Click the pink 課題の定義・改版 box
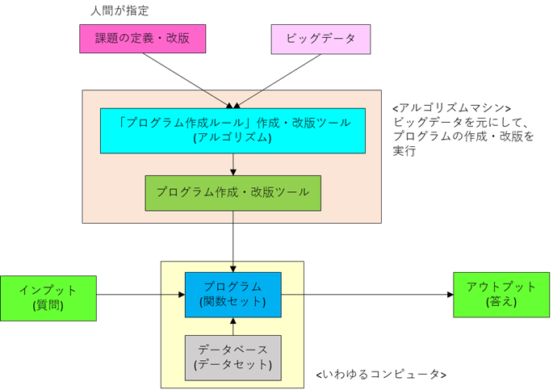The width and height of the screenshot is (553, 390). [x=143, y=39]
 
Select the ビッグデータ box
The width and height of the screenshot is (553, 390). [x=320, y=39]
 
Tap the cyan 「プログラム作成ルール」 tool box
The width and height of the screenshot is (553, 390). [x=233, y=130]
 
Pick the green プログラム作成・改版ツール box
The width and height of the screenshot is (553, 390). [x=233, y=193]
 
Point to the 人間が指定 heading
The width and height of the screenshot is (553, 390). [x=120, y=11]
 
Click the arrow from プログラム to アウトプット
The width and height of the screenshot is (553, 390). [x=363, y=295]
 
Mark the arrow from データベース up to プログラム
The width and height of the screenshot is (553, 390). [x=233, y=326]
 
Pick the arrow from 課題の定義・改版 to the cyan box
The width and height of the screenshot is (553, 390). [x=191, y=80]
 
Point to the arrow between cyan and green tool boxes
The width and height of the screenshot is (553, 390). [x=233, y=164]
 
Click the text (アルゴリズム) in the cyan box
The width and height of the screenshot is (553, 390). [x=233, y=138]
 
